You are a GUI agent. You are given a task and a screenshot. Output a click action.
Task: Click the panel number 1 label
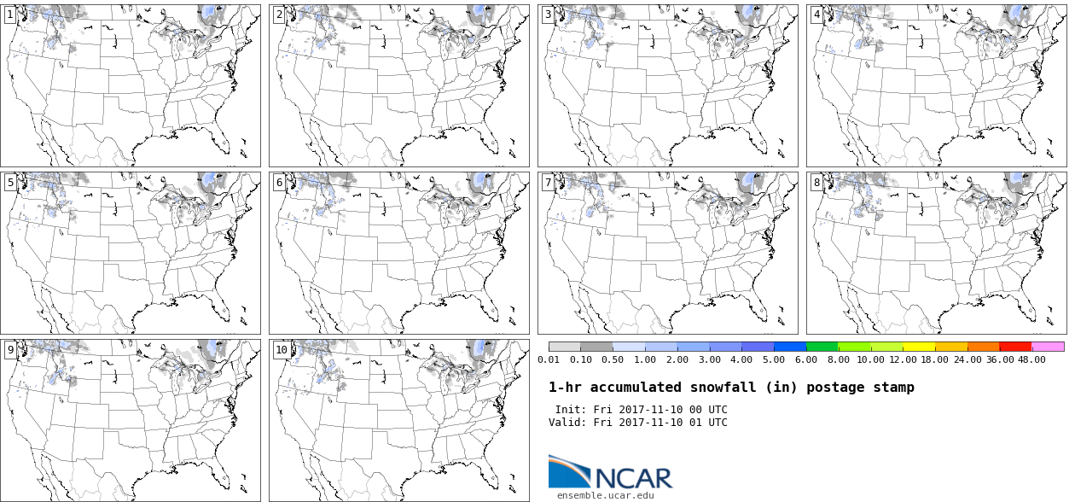pyautogui.click(x=10, y=15)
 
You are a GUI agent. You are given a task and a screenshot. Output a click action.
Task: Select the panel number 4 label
pyautogui.click(x=816, y=15)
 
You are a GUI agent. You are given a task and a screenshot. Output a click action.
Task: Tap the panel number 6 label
pyautogui.click(x=279, y=183)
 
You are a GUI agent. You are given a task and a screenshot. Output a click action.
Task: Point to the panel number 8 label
pyautogui.click(x=816, y=183)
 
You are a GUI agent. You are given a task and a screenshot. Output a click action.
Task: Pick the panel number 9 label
pyautogui.click(x=10, y=350)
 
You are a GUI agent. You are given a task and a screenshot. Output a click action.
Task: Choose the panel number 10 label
pyautogui.click(x=282, y=350)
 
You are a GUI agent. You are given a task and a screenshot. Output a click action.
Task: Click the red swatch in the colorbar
pyautogui.click(x=1015, y=347)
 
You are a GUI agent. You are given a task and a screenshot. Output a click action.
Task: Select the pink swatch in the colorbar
pyautogui.click(x=1048, y=347)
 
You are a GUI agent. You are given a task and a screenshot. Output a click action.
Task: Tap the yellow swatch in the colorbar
pyautogui.click(x=919, y=347)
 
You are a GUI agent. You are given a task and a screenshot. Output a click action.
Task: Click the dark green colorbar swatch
pyautogui.click(x=822, y=347)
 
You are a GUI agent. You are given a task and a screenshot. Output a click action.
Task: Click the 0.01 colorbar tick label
pyautogui.click(x=549, y=359)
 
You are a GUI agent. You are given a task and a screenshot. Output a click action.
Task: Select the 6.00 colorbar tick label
pyautogui.click(x=805, y=359)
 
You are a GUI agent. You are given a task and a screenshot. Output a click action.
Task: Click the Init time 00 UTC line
pyautogui.click(x=641, y=410)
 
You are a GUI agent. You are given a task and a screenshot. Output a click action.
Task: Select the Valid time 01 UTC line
pyautogui.click(x=637, y=423)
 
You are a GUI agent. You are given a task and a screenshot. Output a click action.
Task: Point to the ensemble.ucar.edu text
pyautogui.click(x=606, y=495)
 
